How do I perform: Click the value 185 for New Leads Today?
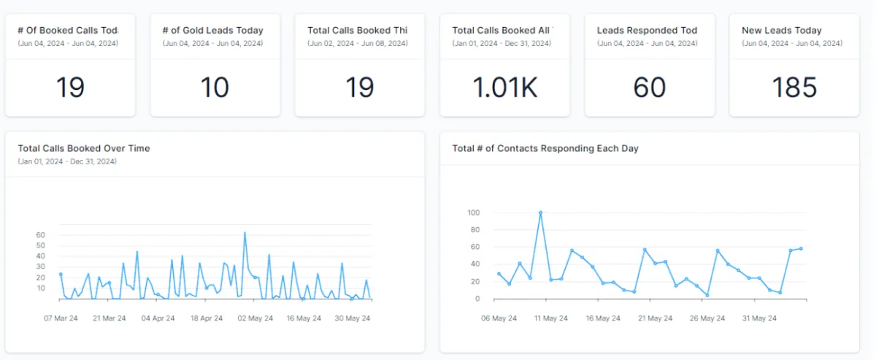coord(794,88)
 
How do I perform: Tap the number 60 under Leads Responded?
coord(650,88)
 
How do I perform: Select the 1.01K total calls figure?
coord(504,88)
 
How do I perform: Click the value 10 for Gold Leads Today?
coord(215,88)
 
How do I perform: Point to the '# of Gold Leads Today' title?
coord(212,31)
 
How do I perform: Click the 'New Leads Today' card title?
coord(781,31)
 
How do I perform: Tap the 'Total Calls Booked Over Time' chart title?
coord(84,148)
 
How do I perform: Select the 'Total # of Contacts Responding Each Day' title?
coord(545,148)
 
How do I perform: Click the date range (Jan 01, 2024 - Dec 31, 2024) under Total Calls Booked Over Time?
coord(67,161)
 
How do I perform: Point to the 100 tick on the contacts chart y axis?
coord(474,212)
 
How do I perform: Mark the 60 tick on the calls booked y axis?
coord(41,235)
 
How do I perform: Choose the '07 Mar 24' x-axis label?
coord(62,318)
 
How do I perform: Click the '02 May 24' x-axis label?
coord(255,318)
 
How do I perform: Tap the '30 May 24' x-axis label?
coord(354,318)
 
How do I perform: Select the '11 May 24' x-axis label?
coord(550,318)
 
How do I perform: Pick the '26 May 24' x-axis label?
coord(707,318)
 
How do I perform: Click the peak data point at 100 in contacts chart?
coord(540,212)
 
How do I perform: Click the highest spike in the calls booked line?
coord(245,233)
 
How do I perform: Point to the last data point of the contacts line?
coord(801,248)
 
